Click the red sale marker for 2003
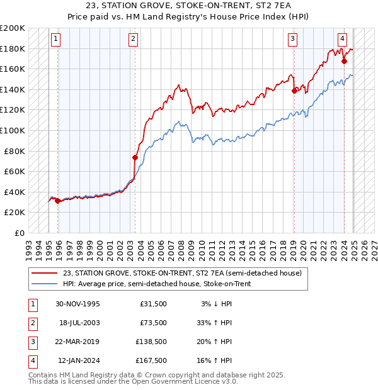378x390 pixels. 135,157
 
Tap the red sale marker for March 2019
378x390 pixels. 294,91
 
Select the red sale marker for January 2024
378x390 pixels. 344,61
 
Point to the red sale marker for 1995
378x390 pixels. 57,201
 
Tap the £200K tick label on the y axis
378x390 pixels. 13,28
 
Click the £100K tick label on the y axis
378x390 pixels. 13,130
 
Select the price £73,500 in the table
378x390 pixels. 153,323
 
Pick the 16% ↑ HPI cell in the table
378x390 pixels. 216,360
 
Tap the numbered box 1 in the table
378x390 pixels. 32,304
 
